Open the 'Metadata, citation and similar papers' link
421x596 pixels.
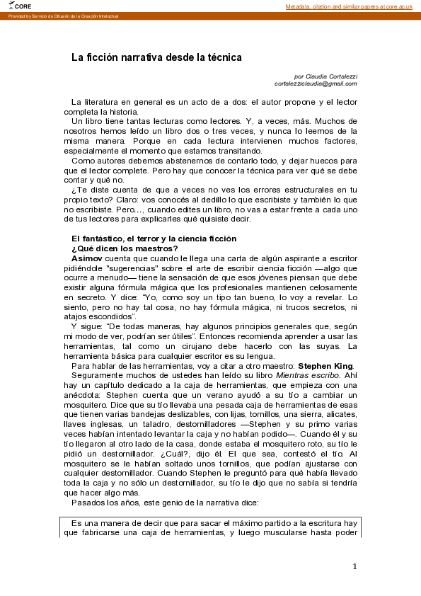coord(349,6)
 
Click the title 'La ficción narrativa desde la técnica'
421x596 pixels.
coord(156,57)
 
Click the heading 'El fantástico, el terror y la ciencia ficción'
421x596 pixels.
coord(154,239)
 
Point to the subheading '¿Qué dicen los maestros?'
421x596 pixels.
coord(125,248)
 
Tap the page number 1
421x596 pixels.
coord(354,566)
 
